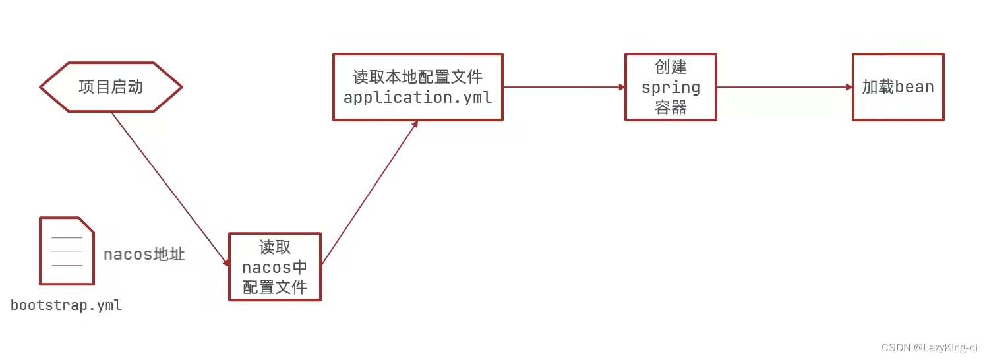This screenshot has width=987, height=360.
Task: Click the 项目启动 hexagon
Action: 111,87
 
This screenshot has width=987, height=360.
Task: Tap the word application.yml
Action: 417,98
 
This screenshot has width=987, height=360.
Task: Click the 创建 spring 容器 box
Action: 671,87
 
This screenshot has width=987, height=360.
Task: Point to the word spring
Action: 671,88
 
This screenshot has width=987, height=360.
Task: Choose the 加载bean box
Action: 898,87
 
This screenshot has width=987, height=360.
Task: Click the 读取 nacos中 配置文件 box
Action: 274,267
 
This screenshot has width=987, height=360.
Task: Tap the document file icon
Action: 67,251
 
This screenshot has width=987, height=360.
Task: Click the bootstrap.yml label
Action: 67,306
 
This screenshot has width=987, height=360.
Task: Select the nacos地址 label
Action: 144,255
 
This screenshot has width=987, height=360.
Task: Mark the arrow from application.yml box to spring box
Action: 564,87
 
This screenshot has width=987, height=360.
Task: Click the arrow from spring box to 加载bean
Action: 784,87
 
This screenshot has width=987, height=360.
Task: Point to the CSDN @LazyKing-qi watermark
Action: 929,347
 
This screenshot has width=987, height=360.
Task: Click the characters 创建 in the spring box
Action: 671,67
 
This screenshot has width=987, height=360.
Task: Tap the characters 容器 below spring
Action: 671,107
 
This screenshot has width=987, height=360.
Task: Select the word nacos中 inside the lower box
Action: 274,268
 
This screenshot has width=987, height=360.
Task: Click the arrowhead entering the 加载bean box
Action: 849,87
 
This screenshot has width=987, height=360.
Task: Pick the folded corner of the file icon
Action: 86,225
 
